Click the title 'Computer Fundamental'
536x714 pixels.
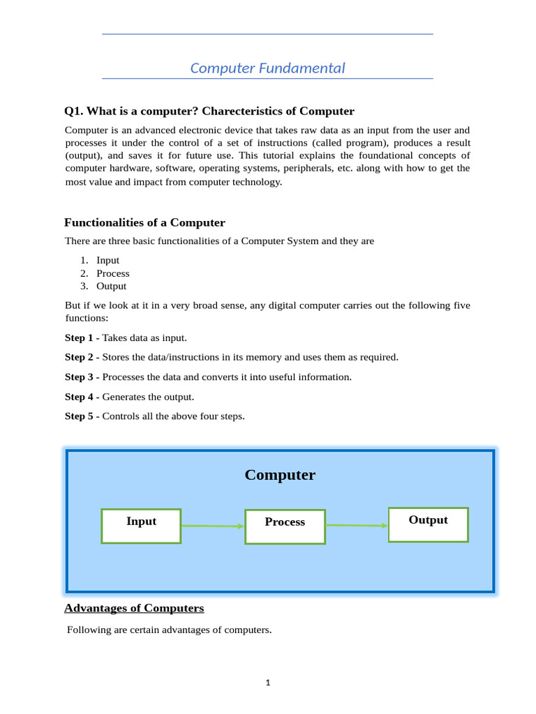(267, 68)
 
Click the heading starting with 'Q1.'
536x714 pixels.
(209, 111)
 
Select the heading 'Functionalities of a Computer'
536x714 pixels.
(144, 222)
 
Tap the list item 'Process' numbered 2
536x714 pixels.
(112, 273)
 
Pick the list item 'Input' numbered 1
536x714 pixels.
(107, 260)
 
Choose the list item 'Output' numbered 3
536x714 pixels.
(111, 286)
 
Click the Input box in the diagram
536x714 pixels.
(141, 526)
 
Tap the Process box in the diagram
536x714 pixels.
(285, 526)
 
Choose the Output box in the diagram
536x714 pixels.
(428, 524)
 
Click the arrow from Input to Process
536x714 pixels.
(212, 526)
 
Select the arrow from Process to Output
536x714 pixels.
(356, 525)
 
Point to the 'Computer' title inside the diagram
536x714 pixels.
(280, 475)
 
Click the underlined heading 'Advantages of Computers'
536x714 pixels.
(134, 608)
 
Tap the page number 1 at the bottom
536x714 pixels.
(268, 683)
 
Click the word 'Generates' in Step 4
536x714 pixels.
(124, 397)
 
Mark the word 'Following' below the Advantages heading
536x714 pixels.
(89, 630)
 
